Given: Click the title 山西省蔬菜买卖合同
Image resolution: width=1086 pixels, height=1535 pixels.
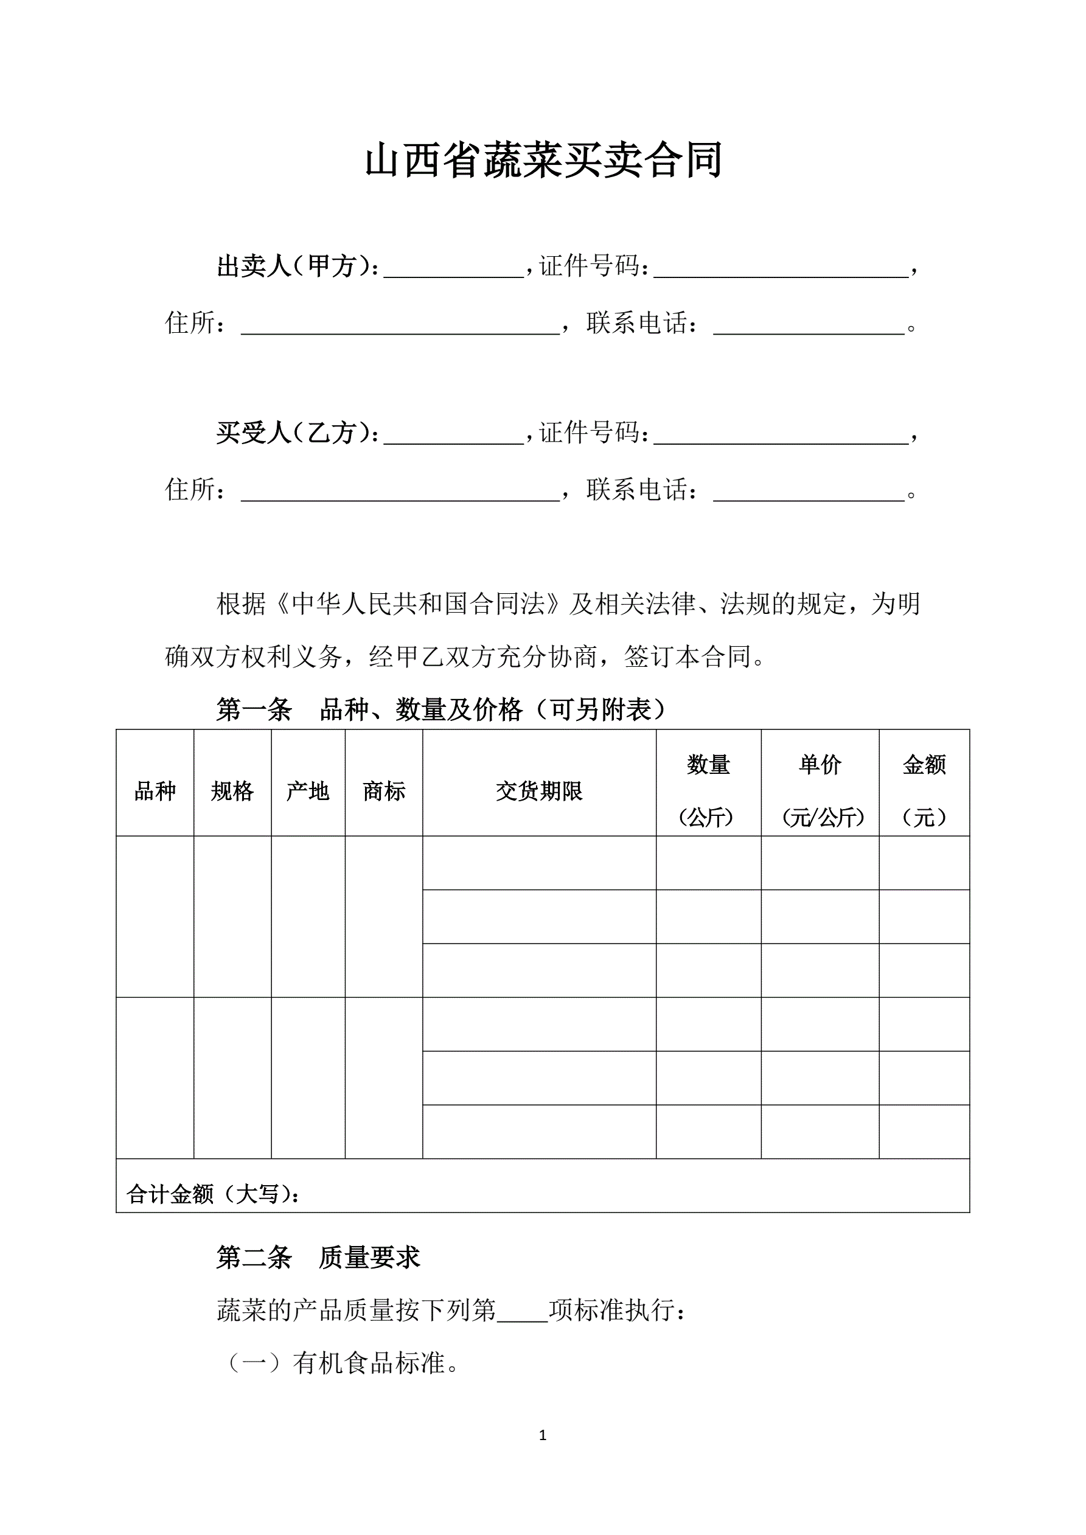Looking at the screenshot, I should tap(543, 161).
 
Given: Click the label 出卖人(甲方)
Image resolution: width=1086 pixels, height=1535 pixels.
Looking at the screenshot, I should tap(297, 266).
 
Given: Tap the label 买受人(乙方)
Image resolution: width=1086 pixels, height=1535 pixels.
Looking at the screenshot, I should tap(297, 433).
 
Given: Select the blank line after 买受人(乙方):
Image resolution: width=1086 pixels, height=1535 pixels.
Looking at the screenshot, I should tap(453, 435).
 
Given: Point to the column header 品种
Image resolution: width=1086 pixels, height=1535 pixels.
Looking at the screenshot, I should tap(155, 791).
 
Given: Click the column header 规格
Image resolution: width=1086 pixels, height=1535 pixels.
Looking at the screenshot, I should tap(232, 791).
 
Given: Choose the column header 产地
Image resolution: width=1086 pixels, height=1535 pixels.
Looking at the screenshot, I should tap(308, 791).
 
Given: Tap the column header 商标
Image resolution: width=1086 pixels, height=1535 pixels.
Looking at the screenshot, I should tap(384, 791).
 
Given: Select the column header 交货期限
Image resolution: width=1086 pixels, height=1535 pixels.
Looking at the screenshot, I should tap(539, 791).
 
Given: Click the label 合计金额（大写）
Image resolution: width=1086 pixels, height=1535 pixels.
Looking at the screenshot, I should tap(213, 1194).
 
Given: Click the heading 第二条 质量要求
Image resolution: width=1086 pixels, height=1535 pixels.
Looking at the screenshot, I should tap(318, 1258).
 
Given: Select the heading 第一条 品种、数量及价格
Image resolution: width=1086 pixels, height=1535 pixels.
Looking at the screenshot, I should tap(441, 709).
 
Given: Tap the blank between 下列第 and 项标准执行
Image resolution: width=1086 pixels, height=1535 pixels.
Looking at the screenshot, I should tap(522, 1312).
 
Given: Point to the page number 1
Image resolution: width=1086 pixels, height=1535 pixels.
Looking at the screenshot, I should tap(542, 1435).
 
